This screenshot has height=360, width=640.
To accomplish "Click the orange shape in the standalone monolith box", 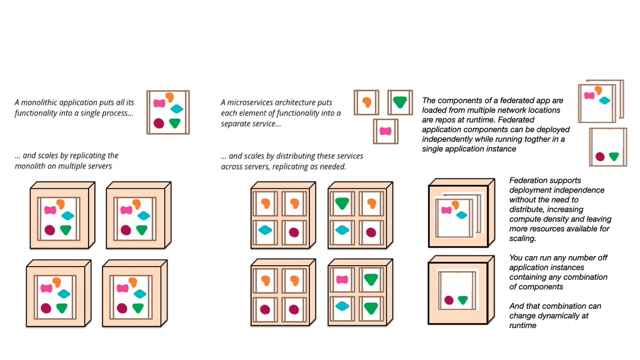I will pos(170,97).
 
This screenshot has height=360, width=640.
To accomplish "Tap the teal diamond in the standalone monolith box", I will pos(177,109).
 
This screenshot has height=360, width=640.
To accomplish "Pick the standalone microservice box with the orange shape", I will pos(366,102).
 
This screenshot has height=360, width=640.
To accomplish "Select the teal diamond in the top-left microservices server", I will pos(265,230).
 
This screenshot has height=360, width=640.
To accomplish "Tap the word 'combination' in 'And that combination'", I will pos(579,306).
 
